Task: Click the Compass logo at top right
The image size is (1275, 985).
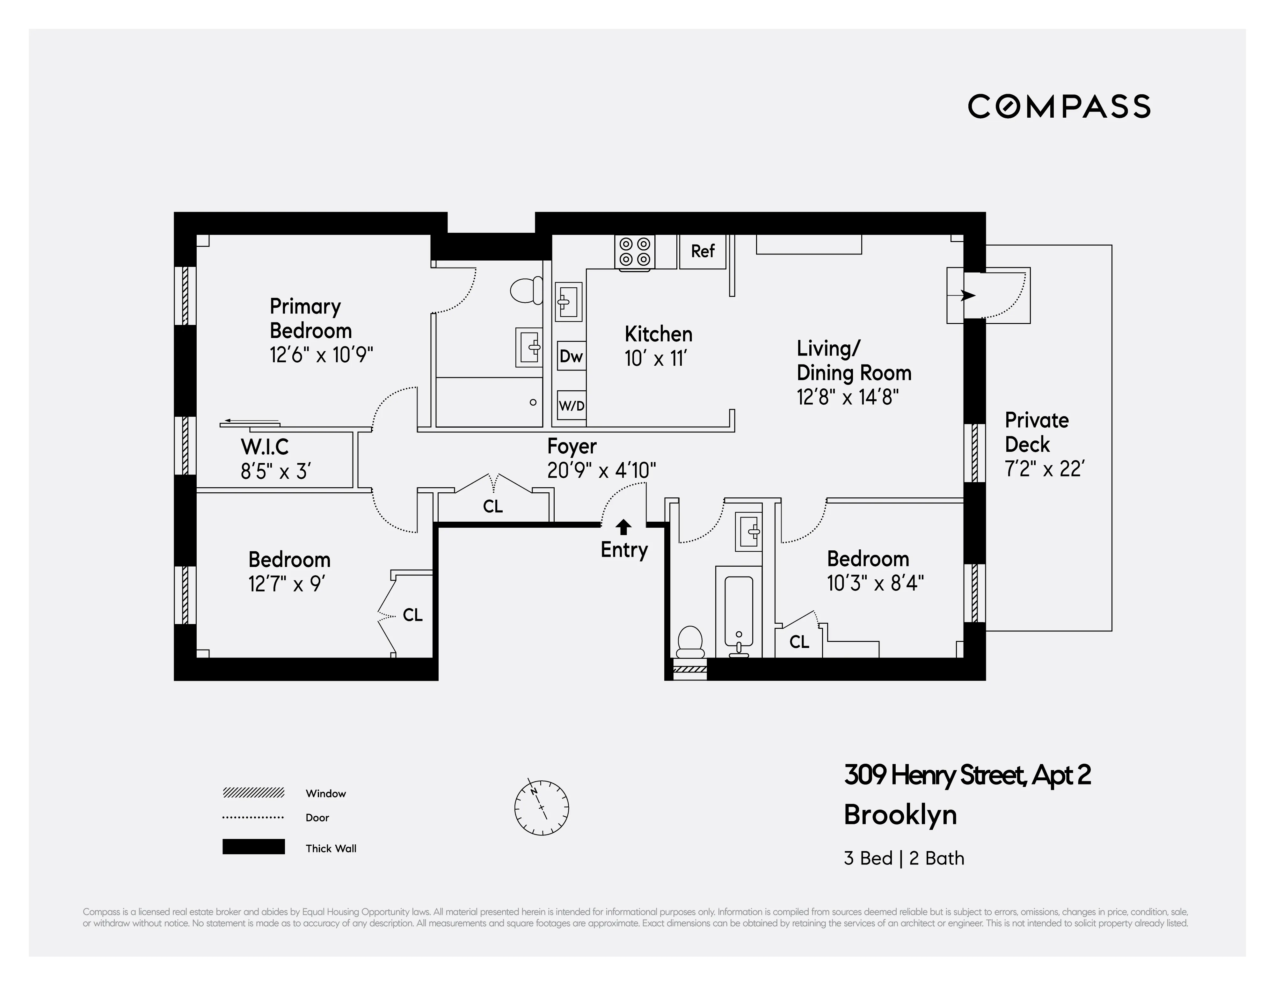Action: click(x=1059, y=106)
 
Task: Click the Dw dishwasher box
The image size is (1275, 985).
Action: click(x=571, y=356)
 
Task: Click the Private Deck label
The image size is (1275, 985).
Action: click(x=1036, y=432)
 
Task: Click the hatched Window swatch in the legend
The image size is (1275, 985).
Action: click(x=253, y=792)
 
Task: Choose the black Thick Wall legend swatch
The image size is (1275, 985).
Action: click(x=253, y=847)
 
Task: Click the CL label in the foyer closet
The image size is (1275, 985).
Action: click(x=493, y=506)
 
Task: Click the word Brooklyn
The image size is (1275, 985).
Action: click(x=900, y=814)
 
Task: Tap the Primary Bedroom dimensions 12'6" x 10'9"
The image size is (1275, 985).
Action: click(x=321, y=355)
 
